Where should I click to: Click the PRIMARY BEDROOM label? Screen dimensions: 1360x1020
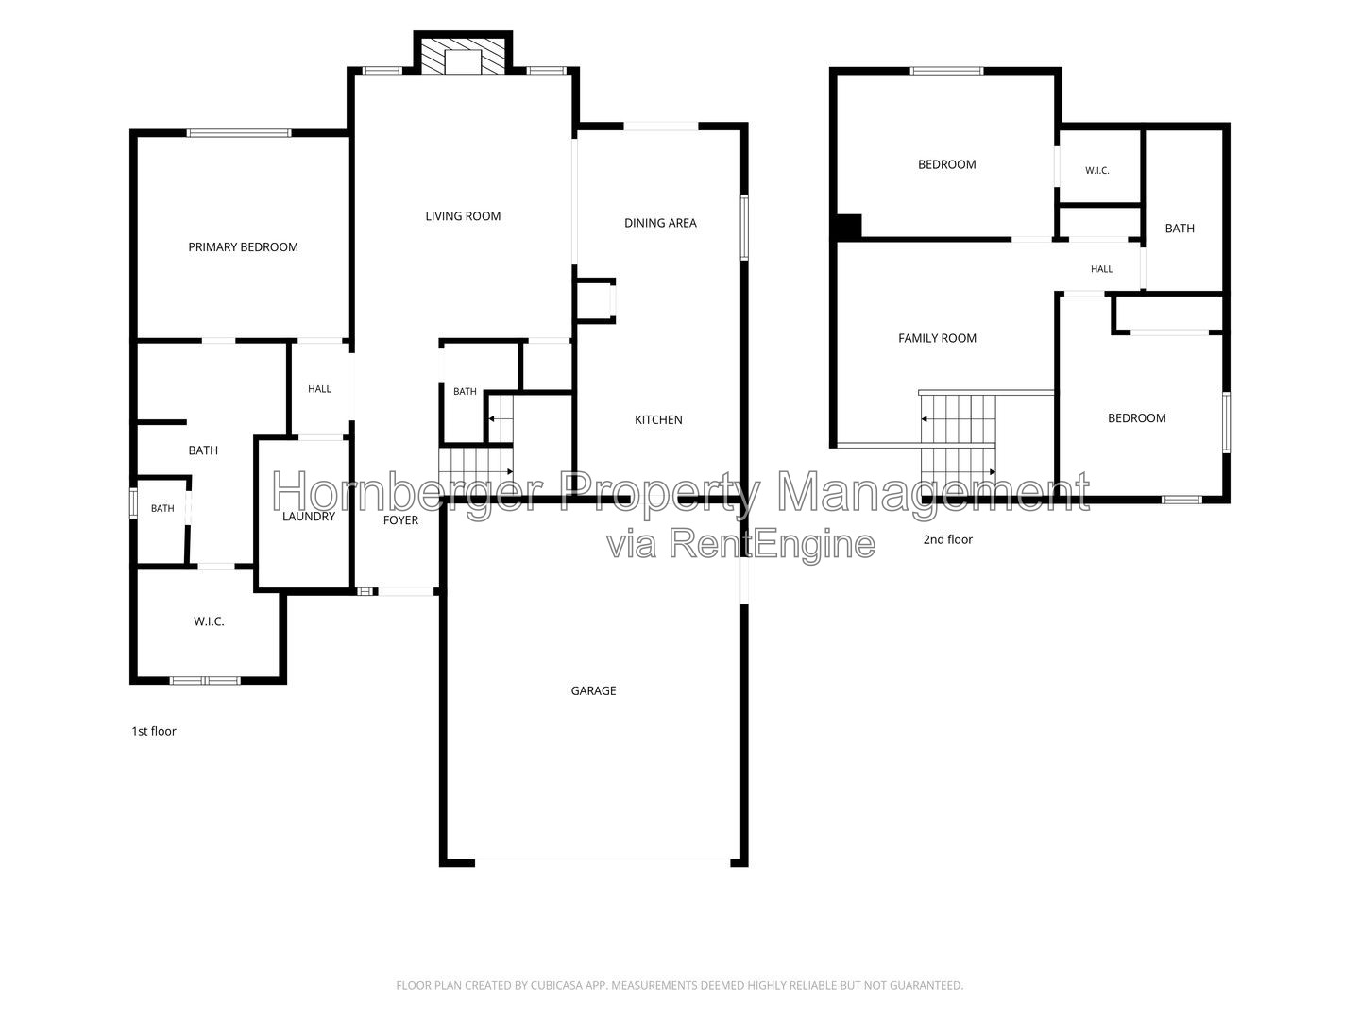click(x=243, y=247)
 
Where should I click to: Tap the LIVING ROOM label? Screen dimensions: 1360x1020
click(x=463, y=216)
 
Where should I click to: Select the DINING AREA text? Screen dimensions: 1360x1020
click(x=660, y=223)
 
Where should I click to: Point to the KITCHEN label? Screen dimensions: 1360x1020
click(x=658, y=420)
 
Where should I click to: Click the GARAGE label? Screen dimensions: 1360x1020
click(x=593, y=690)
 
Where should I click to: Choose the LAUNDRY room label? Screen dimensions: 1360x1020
click(x=309, y=517)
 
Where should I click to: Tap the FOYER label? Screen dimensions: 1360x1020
click(x=400, y=520)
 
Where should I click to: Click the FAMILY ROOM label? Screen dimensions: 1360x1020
click(x=938, y=338)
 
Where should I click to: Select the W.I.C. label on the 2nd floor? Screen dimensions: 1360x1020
click(x=1097, y=170)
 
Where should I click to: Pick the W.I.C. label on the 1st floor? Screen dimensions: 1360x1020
click(x=209, y=621)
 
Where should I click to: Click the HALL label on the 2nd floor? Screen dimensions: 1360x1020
click(x=1101, y=269)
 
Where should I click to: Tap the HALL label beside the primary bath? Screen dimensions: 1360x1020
click(x=320, y=389)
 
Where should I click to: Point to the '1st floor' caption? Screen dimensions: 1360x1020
click(x=154, y=731)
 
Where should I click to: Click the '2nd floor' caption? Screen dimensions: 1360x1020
click(x=948, y=539)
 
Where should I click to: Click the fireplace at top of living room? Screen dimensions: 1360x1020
click(x=463, y=54)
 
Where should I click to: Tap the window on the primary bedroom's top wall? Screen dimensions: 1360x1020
click(x=239, y=132)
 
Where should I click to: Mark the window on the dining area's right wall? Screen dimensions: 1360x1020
click(x=745, y=228)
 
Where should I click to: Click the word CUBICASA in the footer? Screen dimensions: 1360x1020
click(x=556, y=985)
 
